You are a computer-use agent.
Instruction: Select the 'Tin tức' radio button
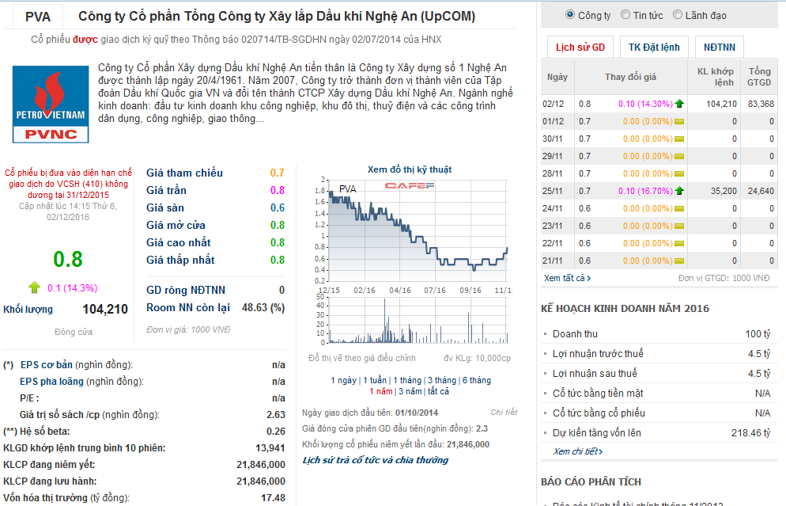pos(625,15)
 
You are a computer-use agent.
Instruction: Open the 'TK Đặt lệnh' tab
pos(654,48)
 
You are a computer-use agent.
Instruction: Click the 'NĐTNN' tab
pos(718,48)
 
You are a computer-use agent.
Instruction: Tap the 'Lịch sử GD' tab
pos(580,48)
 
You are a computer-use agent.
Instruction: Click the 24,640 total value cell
pos(760,191)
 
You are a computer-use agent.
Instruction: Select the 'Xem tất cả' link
pos(567,278)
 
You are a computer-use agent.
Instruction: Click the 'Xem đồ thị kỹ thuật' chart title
pos(410,169)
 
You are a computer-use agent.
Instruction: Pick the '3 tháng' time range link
pos(440,380)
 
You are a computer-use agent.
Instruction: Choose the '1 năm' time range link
pos(380,391)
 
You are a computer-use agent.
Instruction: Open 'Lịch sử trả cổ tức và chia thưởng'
pos(375,460)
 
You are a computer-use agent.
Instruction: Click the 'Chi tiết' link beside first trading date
pos(504,413)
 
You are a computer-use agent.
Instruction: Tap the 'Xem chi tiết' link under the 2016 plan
pos(577,451)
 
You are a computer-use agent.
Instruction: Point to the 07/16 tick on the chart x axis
pos(435,290)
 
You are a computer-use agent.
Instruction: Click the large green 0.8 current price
pos(68,259)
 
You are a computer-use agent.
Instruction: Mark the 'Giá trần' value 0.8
pos(277,190)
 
